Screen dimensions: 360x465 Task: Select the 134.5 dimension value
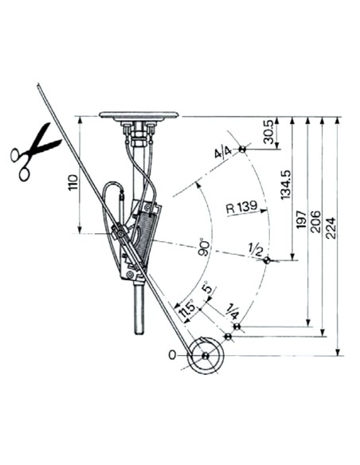click(286, 185)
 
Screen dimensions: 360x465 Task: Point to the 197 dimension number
click(301, 219)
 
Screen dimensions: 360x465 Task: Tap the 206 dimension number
click(315, 221)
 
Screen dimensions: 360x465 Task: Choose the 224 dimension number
click(331, 228)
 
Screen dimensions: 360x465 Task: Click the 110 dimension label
click(73, 183)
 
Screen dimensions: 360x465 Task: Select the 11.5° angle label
click(188, 313)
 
